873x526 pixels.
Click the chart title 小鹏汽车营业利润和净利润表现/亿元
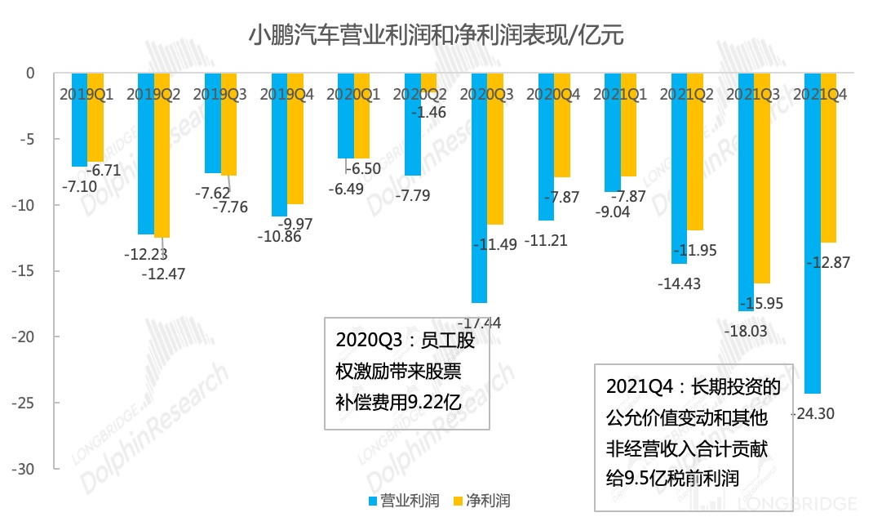[436, 36]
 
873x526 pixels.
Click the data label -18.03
[746, 332]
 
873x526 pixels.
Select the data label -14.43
[679, 284]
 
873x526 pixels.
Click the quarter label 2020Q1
[352, 95]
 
